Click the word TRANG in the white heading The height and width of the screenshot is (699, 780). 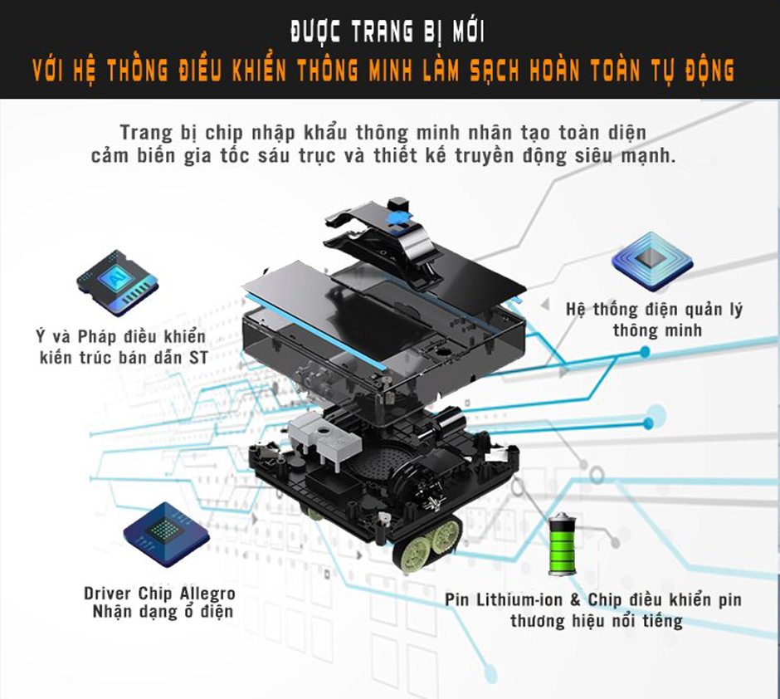coord(363,34)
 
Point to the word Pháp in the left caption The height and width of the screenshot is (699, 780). coord(97,338)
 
